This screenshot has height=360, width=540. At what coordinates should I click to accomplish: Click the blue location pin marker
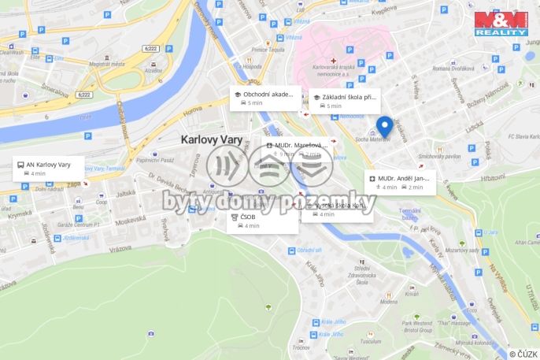384,127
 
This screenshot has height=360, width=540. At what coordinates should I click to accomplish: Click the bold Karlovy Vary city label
211,139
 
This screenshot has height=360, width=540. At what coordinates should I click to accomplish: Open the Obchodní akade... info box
266,98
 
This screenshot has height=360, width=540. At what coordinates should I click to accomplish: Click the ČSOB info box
262,221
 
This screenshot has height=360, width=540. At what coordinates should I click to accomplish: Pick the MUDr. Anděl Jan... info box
399,183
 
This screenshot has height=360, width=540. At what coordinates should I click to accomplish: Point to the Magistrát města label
107,64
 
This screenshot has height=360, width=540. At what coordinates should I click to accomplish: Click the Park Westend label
417,323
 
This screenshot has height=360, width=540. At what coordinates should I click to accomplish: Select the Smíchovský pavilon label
439,156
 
